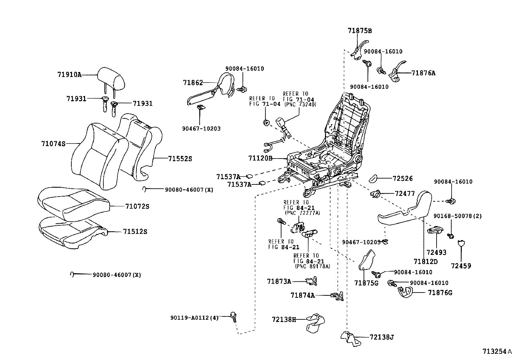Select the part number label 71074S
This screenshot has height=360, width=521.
pyautogui.click(x=53, y=143)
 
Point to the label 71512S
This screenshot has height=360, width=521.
pyautogui.click(x=135, y=232)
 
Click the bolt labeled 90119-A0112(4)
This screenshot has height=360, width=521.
pyautogui.click(x=234, y=316)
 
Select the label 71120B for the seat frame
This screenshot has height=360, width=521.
pyautogui.click(x=260, y=159)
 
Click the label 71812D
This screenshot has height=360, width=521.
pyautogui.click(x=425, y=261)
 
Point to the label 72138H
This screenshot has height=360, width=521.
pyautogui.click(x=283, y=319)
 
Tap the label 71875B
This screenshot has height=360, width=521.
pyautogui.click(x=360, y=31)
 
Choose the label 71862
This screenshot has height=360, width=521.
pyautogui.click(x=193, y=83)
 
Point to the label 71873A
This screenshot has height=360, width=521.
pyautogui.click(x=279, y=281)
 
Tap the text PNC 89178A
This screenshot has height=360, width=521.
pyautogui.click(x=312, y=266)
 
